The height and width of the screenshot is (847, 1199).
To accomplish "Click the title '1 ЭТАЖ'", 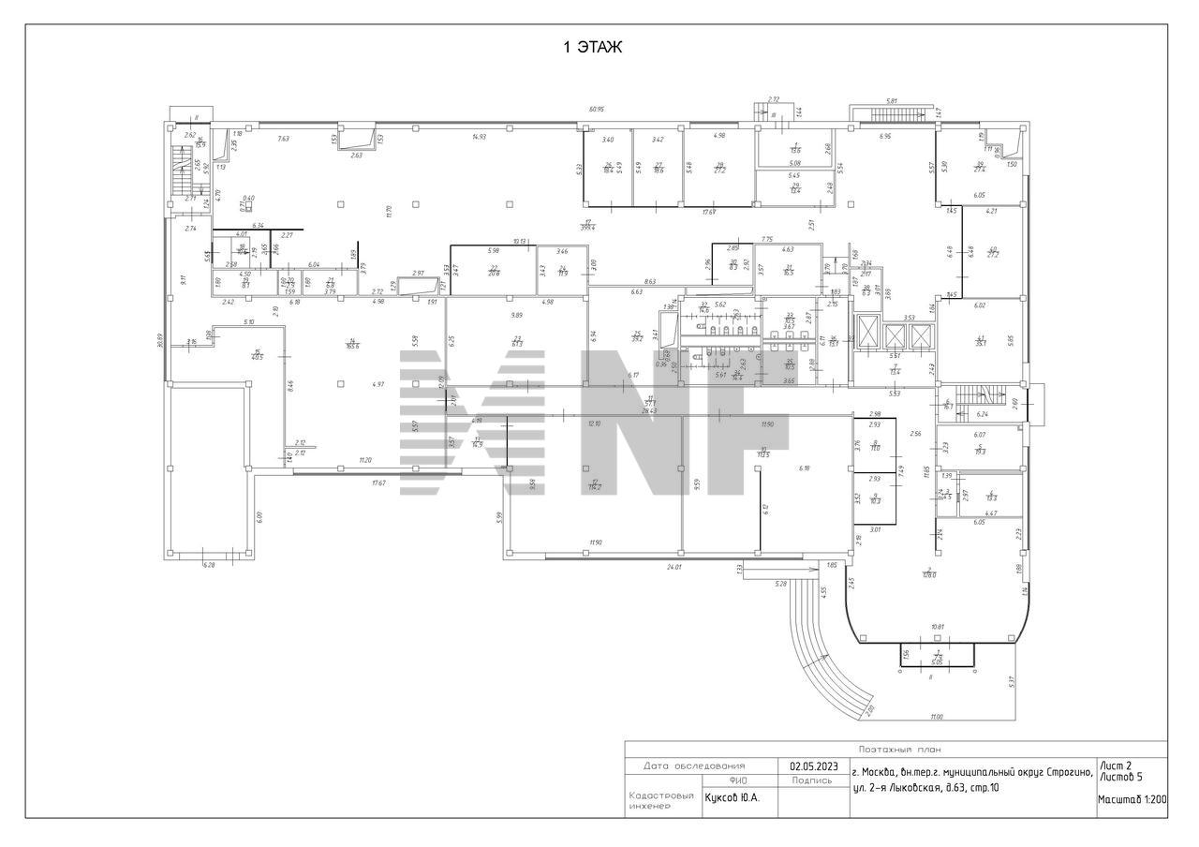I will pyautogui.click(x=592, y=47).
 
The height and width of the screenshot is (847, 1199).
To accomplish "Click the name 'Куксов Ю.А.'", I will pyautogui.click(x=732, y=798).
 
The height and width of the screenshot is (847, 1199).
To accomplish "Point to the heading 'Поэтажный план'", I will pyautogui.click(x=896, y=750).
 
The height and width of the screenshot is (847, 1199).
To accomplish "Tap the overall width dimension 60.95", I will pyautogui.click(x=597, y=110).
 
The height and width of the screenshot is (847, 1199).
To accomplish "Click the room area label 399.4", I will pyautogui.click(x=588, y=225).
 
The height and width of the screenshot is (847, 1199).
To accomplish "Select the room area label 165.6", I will pyautogui.click(x=351, y=345).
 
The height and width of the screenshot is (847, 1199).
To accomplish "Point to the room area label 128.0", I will pyautogui.click(x=929, y=574).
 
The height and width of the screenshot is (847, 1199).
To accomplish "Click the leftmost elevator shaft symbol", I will pyautogui.click(x=866, y=334).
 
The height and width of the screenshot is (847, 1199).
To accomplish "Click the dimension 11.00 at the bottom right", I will pyautogui.click(x=936, y=716).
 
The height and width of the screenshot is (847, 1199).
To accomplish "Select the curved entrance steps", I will pyautogui.click(x=824, y=646).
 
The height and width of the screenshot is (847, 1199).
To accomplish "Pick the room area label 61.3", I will pyautogui.click(x=516, y=343).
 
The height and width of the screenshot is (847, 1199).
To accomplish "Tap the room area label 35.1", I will pyautogui.click(x=981, y=342).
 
